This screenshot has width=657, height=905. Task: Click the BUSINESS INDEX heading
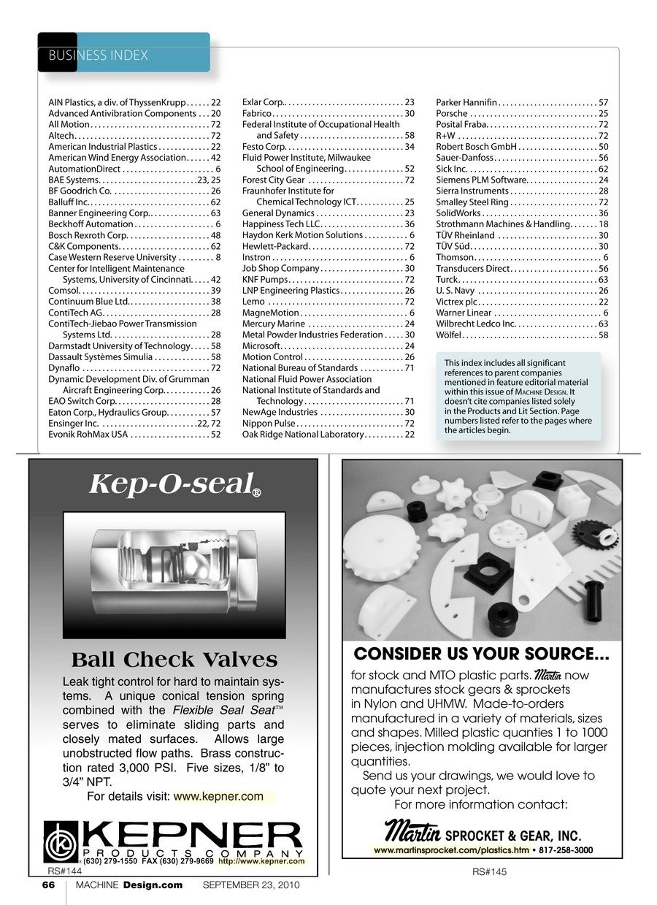(x=98, y=56)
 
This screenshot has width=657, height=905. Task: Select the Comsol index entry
(x=134, y=291)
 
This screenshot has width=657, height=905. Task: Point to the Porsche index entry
(x=522, y=114)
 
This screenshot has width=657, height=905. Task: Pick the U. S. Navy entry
(x=522, y=291)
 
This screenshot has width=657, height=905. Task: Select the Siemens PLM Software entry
(x=522, y=180)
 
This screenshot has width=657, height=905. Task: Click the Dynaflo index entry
(x=134, y=368)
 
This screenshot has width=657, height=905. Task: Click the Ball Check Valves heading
(x=174, y=660)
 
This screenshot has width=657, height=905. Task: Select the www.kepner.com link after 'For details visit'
(x=218, y=796)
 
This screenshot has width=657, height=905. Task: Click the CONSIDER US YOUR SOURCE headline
(x=481, y=653)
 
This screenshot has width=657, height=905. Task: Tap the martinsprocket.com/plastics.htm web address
(x=451, y=851)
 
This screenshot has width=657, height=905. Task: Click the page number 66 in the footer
(x=48, y=886)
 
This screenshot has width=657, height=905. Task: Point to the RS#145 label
(x=489, y=871)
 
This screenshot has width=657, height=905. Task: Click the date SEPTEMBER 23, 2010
(x=250, y=886)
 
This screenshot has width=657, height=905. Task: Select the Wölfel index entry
(x=522, y=335)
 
